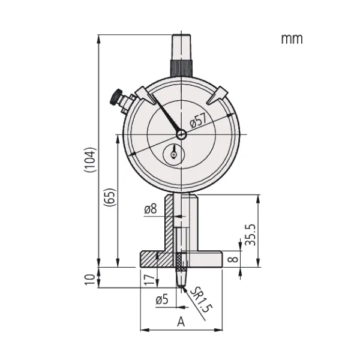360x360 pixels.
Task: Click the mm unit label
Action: point(292,39)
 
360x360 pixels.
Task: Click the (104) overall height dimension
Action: point(89,160)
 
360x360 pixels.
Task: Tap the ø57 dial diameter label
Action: point(199,121)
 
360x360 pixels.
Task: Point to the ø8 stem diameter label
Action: point(151,209)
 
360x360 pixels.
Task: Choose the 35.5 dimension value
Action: point(250,235)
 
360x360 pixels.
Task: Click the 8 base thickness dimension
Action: point(234,259)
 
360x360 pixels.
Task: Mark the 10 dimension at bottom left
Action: point(90,280)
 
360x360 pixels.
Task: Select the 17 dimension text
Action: point(149,280)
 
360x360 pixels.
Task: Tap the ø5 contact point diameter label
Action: point(162,299)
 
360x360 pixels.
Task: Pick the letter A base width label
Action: point(181,322)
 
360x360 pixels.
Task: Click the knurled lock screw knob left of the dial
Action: point(116,97)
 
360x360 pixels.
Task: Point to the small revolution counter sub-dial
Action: point(173,154)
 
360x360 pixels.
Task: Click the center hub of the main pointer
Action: point(181,134)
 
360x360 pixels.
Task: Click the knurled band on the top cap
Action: point(181,68)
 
